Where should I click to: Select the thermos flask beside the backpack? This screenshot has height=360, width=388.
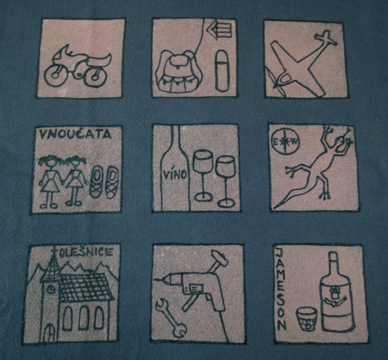coord(222,71)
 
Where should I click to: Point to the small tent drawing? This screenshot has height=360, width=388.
coord(221,30)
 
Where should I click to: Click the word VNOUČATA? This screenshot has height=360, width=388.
coord(75,134)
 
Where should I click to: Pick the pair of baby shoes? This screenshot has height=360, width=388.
coord(104,182)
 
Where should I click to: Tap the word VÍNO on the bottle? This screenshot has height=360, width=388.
coord(176,174)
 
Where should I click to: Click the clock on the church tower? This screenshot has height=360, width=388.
coord(51,289)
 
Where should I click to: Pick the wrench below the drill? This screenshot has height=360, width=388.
coord(171,318)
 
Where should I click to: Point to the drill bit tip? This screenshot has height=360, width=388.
coord(154,279)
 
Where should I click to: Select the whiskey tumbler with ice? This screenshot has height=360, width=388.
coord(307,319)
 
